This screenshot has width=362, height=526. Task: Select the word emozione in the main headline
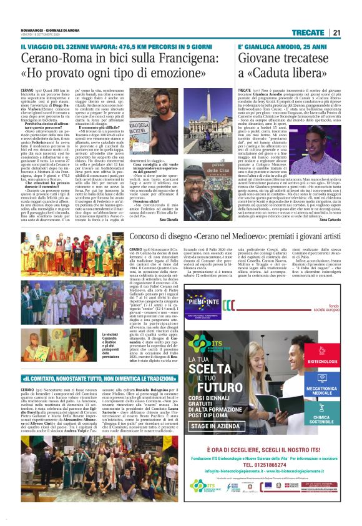(192, 74)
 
